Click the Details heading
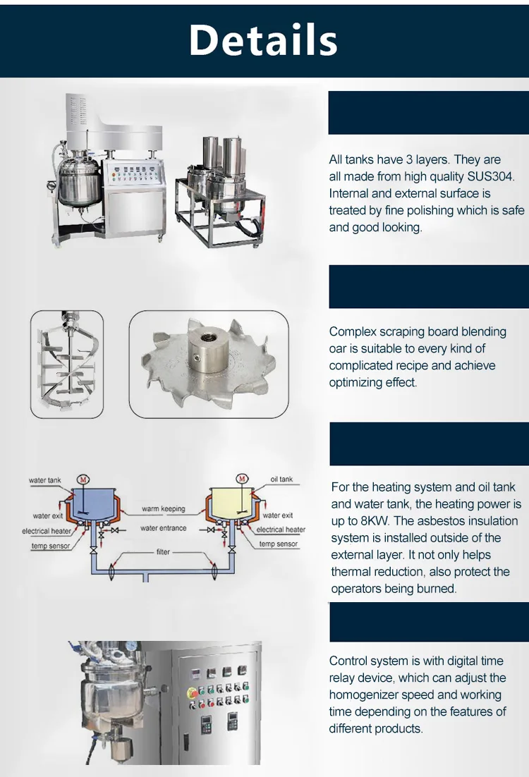[x=263, y=40]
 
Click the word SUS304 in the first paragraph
[x=492, y=176]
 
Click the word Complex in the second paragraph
[x=354, y=331]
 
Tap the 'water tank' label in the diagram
[x=45, y=480]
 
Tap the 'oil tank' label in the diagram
[x=281, y=479]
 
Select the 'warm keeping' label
[x=164, y=508]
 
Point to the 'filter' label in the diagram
[x=164, y=552]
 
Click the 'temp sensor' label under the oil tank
[x=279, y=544]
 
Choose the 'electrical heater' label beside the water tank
[x=47, y=531]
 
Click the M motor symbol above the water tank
[x=83, y=479]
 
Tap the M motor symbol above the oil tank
[x=243, y=479]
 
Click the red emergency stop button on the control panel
[x=192, y=693]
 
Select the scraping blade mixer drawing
[x=67, y=363]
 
